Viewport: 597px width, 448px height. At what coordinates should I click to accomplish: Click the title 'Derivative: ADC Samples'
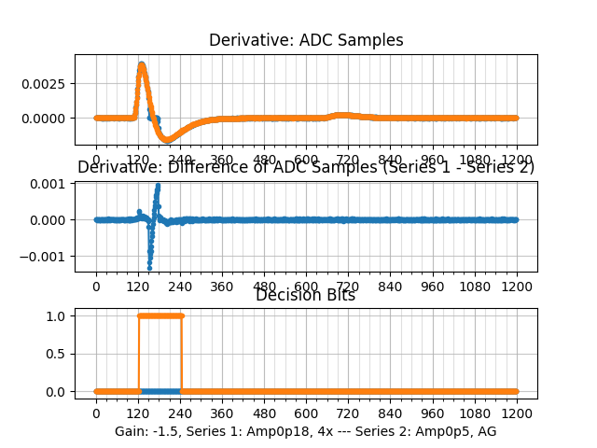[x=306, y=40]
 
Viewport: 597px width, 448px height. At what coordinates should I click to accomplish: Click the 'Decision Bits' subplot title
[x=306, y=295]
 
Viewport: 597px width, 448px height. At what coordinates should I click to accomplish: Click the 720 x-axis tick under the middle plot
[x=348, y=287]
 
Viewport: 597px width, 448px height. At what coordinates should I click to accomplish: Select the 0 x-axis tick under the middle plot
[x=95, y=287]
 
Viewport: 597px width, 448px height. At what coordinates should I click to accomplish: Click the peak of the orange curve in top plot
[x=142, y=65]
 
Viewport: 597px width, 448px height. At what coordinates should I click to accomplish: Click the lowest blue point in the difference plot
[x=150, y=267]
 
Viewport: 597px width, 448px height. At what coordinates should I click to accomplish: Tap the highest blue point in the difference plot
[x=158, y=185]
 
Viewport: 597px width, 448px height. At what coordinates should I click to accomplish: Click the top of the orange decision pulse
[x=160, y=315]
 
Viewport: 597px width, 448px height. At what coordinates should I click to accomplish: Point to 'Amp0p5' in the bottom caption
[x=443, y=431]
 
